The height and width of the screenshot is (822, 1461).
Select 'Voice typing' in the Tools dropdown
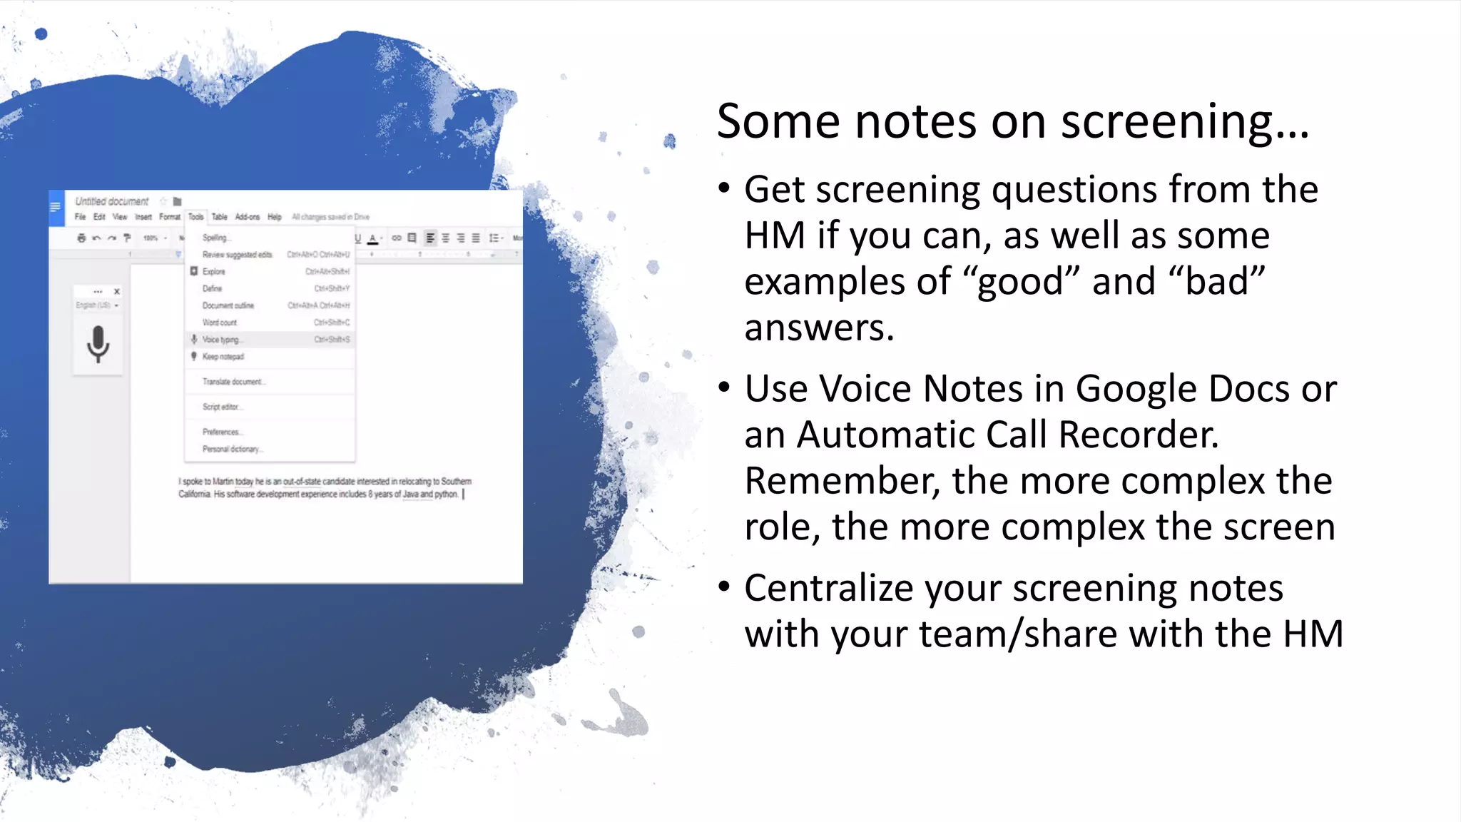point(220,340)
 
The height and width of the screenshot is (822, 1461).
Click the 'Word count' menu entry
point(219,323)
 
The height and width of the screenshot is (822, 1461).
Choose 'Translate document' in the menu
point(233,382)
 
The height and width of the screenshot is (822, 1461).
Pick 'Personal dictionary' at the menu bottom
point(232,449)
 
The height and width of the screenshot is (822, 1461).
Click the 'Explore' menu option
point(213,272)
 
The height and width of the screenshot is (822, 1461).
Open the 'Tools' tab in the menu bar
point(196,217)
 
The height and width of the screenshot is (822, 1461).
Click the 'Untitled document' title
point(112,201)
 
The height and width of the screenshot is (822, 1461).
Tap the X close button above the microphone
point(117,291)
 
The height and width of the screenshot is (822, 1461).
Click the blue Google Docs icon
point(56,208)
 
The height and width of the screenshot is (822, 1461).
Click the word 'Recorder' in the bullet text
point(1139,435)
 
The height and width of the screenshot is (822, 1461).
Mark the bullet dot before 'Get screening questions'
point(725,188)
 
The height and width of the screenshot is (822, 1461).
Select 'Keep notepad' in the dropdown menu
point(223,357)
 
